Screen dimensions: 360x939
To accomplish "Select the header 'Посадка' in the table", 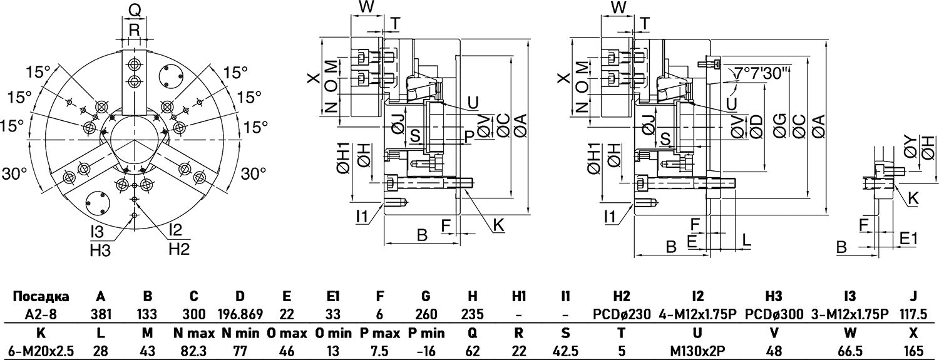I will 41,297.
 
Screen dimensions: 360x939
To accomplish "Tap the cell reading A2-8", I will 41,313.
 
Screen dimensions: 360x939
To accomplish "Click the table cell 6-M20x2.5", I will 41,351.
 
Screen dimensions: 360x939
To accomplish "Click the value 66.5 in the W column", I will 851,351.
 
